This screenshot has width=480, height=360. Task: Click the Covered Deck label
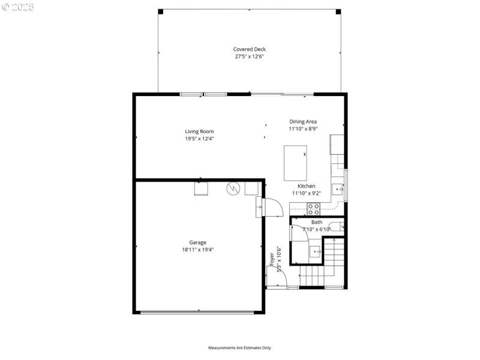pos(249,49)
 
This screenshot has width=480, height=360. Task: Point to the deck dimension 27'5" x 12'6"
pos(249,56)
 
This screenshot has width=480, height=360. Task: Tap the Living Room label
pos(199,131)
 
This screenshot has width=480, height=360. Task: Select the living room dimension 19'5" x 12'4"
pos(199,139)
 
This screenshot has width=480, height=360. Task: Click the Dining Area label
pos(303,121)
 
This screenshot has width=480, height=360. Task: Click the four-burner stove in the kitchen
pos(314,209)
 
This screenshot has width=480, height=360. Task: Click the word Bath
pos(316,222)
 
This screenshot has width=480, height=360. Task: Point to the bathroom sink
pos(315,251)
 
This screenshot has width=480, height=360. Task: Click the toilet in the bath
pos(337,226)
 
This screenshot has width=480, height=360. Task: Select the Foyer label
pos(272,259)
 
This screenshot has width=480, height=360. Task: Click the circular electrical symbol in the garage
pos(233,188)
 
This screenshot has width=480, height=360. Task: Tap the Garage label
pos(198,242)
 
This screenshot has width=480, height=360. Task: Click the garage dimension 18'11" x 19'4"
pos(198,250)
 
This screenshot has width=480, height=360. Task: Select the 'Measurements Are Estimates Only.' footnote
pos(240,347)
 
